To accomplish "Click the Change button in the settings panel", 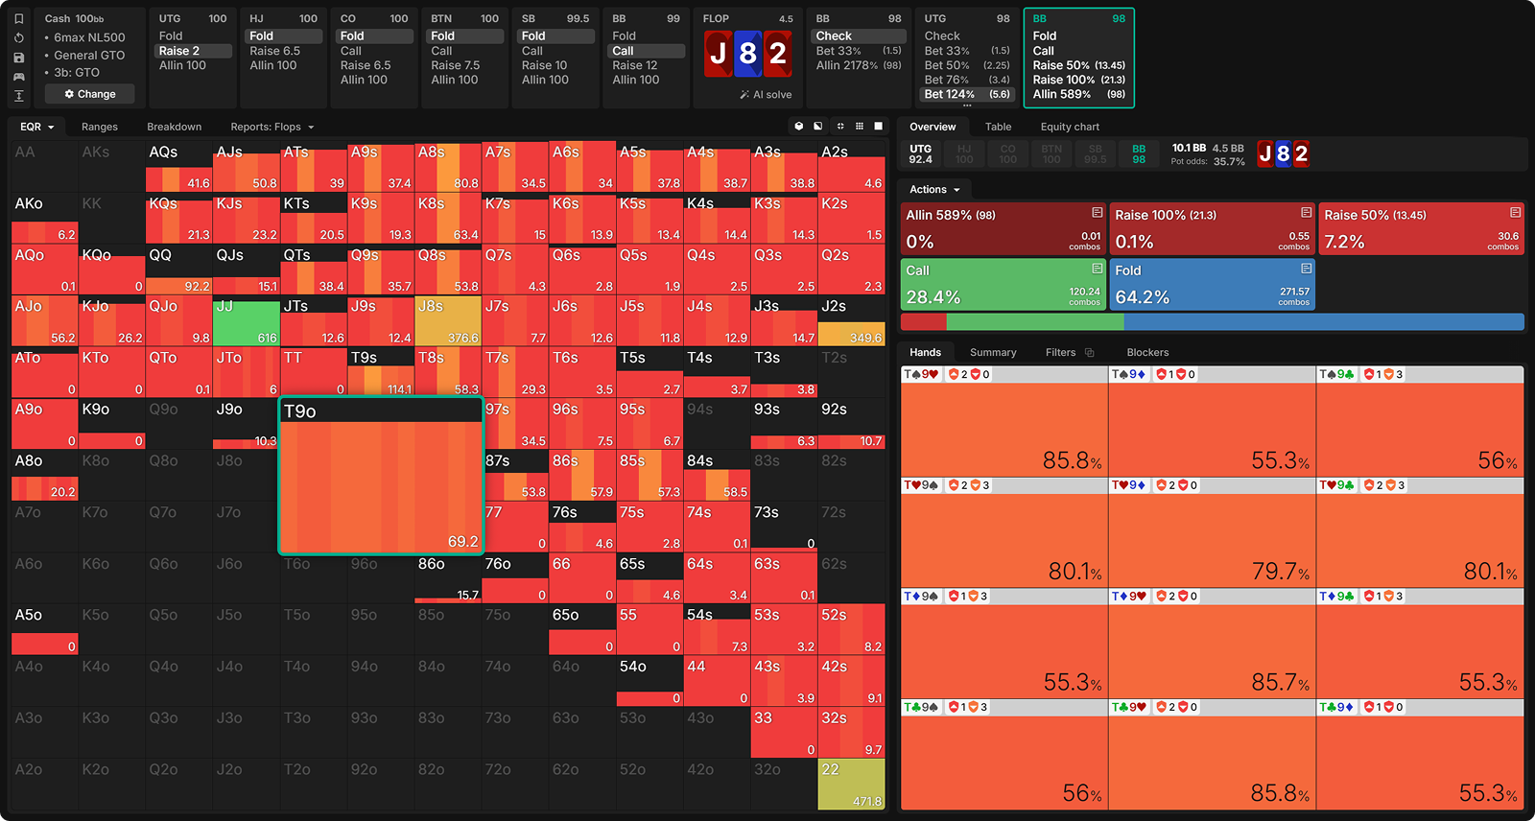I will point(90,94).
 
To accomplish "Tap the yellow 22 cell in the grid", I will point(851,785).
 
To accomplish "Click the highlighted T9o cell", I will point(381,476).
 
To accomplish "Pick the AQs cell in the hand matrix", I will point(178,167).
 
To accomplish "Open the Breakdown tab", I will point(174,127).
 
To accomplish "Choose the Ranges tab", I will point(100,127).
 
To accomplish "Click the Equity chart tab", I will point(1070,127).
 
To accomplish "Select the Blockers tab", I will point(1147,352).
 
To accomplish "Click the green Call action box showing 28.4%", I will point(1004,284).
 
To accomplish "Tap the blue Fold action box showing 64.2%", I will point(1212,284).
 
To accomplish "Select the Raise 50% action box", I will point(1421,228).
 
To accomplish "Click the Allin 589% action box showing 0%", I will point(1004,228).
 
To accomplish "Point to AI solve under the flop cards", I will point(767,95).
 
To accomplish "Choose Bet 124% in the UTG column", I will point(966,94).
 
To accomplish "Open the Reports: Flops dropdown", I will point(272,127).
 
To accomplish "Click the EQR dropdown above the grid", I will point(37,127).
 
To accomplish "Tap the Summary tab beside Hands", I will point(992,352).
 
